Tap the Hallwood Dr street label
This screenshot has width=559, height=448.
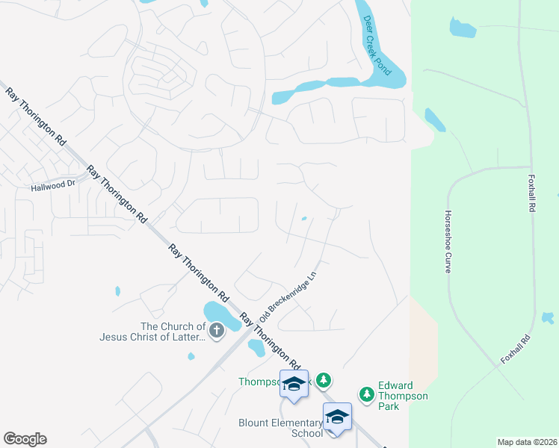(x=54, y=185)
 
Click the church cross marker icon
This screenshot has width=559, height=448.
(x=217, y=330)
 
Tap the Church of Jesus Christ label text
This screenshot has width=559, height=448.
(x=152, y=332)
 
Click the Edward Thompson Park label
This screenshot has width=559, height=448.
(x=403, y=396)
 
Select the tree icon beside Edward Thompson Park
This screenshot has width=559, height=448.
(x=366, y=393)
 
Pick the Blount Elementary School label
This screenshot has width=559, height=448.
(x=280, y=427)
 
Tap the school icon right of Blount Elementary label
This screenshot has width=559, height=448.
(x=337, y=417)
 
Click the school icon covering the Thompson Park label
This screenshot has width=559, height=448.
(x=294, y=384)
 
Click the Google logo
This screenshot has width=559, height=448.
(x=25, y=439)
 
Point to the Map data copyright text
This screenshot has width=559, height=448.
(x=526, y=442)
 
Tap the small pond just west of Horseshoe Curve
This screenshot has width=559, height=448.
(x=434, y=119)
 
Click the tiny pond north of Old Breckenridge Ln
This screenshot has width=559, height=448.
(x=303, y=219)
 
